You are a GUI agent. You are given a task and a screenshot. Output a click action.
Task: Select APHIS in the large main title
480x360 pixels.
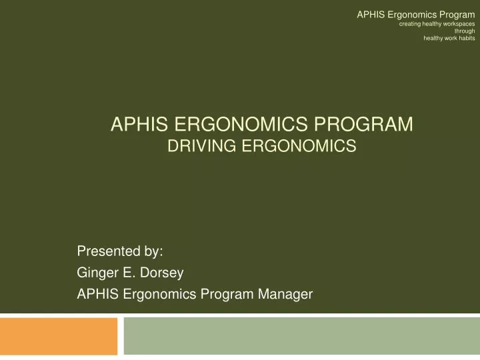(137, 124)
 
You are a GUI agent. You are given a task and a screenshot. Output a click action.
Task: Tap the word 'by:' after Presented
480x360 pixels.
(151, 251)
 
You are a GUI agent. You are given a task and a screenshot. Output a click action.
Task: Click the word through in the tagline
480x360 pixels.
(465, 31)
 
